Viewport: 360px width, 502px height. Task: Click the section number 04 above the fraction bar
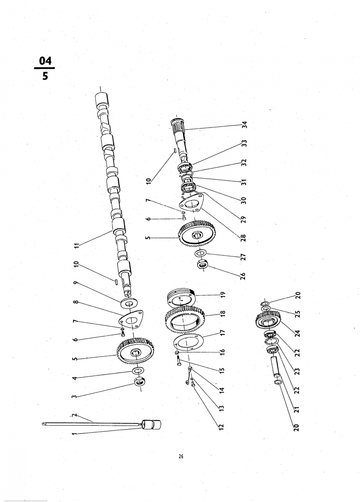[x=45, y=61]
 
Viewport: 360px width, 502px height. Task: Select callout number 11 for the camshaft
[x=77, y=246]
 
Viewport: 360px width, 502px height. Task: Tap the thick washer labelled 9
[x=129, y=303]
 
